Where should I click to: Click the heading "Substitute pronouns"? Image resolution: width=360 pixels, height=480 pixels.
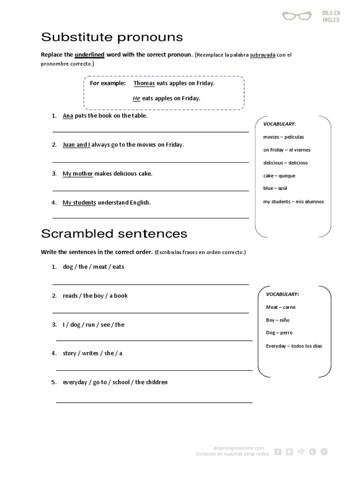(112, 37)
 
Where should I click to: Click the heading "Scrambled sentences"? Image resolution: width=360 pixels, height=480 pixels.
(114, 233)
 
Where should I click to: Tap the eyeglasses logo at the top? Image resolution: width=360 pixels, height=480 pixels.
(296, 15)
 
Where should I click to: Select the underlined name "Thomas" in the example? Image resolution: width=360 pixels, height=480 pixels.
(144, 83)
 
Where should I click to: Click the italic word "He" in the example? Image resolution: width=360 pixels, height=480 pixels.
(136, 98)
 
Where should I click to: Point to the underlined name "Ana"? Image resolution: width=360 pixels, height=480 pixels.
(68, 116)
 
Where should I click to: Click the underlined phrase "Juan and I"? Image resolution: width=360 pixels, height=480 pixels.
(76, 145)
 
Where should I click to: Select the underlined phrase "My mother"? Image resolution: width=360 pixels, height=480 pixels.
(78, 173)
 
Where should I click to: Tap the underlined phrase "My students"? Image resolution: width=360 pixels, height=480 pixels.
(79, 202)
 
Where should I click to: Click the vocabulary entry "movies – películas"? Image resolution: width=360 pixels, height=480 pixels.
(284, 137)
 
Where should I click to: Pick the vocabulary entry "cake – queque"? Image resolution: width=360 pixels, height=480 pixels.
(279, 176)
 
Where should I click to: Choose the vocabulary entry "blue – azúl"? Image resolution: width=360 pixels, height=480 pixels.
(275, 188)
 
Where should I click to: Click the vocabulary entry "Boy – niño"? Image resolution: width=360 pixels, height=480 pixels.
(278, 320)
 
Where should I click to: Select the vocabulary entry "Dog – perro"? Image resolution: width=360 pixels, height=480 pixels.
(279, 333)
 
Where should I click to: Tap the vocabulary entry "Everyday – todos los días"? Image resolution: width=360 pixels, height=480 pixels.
(294, 346)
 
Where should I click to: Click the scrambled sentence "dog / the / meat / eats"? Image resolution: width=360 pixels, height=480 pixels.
(93, 267)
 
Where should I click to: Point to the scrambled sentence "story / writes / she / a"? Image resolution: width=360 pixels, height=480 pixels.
(92, 353)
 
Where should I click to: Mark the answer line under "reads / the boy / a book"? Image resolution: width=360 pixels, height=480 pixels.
(150, 313)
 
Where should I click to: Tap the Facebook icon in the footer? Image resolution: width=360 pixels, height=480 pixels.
(278, 452)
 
